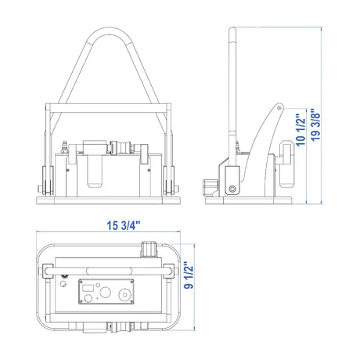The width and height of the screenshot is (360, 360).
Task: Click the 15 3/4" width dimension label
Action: coord(124,225)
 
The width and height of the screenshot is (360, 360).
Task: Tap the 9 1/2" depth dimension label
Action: coord(189,275)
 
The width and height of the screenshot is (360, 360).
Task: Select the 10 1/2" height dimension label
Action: coord(301,130)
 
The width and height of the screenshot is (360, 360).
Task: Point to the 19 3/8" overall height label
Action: coord(315,125)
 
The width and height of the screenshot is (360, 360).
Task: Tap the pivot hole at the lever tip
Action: coord(279,108)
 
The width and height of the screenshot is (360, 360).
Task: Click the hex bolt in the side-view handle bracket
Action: coord(232,189)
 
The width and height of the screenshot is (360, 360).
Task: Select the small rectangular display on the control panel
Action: coord(88,288)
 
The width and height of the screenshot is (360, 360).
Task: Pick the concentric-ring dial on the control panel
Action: coord(125,294)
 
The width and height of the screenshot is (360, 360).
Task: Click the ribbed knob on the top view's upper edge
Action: coord(149,250)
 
